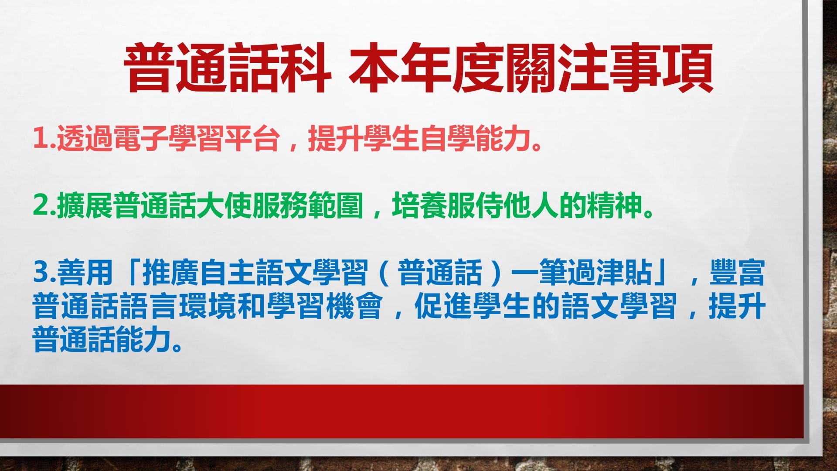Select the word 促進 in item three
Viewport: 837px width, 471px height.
pos(443,306)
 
